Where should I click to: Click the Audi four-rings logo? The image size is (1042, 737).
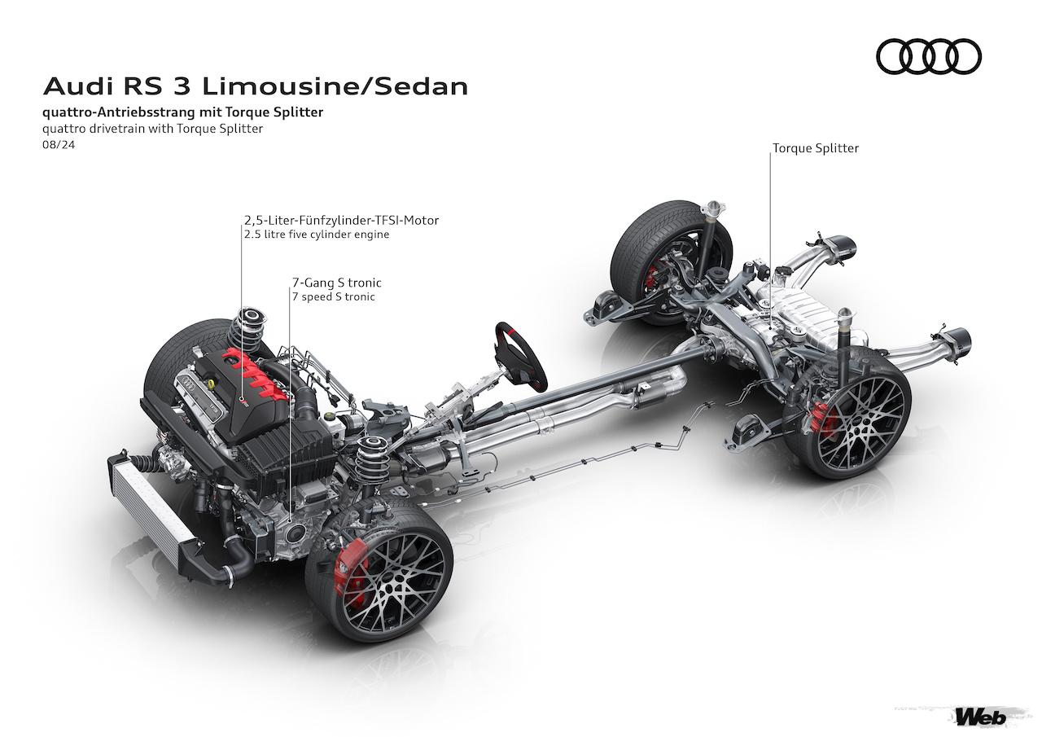point(929,57)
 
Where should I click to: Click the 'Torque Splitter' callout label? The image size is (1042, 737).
point(815,148)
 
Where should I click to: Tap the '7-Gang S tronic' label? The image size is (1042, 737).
point(336,283)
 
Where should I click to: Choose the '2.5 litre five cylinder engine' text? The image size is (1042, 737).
point(316,235)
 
